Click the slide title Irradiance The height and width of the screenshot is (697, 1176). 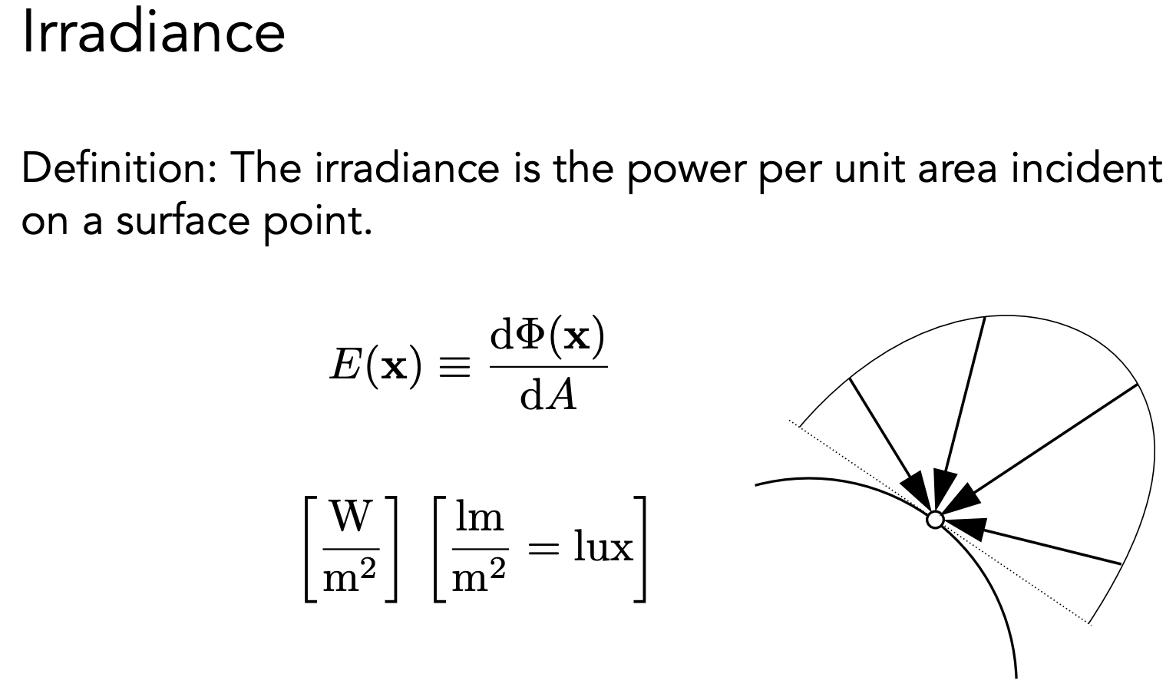click(x=154, y=34)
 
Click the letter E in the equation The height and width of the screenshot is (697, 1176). click(x=342, y=367)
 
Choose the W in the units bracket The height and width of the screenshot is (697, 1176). click(x=351, y=517)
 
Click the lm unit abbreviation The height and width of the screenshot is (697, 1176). click(x=479, y=517)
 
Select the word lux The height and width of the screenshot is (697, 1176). click(x=603, y=548)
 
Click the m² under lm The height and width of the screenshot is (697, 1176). click(x=479, y=578)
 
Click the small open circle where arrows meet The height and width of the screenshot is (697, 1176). click(x=935, y=520)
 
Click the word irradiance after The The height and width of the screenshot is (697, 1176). click(x=406, y=168)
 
